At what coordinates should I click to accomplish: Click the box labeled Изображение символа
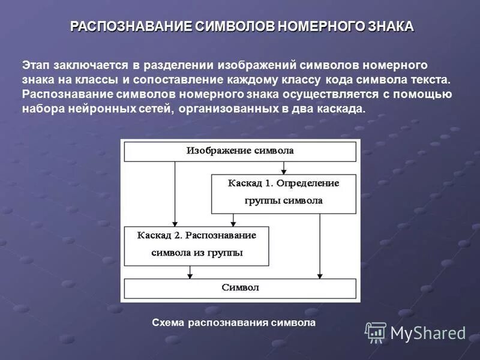click(240, 151)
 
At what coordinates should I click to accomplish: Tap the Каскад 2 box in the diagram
click(196, 245)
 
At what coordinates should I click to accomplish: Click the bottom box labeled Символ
click(240, 288)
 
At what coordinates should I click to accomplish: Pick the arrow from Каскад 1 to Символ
click(320, 246)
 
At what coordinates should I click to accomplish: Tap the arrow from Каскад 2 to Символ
click(190, 272)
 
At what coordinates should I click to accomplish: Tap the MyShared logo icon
click(376, 332)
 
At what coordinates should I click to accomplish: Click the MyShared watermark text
click(428, 332)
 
